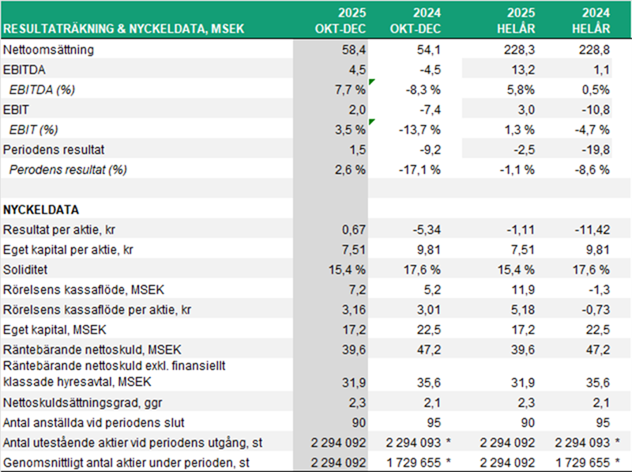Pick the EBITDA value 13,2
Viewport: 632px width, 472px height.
523,70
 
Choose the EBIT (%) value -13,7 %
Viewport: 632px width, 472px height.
419,130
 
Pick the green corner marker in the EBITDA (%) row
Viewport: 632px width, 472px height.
371,82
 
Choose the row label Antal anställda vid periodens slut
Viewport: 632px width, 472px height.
86,423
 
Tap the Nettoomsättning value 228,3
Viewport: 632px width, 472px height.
519,50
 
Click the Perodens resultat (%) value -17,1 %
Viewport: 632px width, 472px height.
419,169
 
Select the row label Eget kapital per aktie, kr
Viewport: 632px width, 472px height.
66,249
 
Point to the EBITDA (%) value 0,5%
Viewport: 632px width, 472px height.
596,90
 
